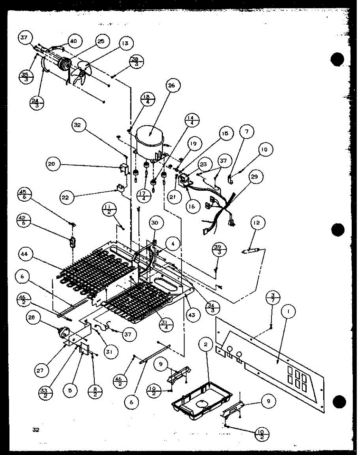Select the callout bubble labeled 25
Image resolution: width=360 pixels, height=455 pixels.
pyautogui.click(x=101, y=41)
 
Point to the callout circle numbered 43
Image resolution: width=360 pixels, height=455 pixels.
pyautogui.click(x=193, y=314)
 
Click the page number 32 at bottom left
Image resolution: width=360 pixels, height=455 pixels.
pyautogui.click(x=36, y=430)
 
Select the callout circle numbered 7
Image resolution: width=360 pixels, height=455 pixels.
pyautogui.click(x=247, y=133)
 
